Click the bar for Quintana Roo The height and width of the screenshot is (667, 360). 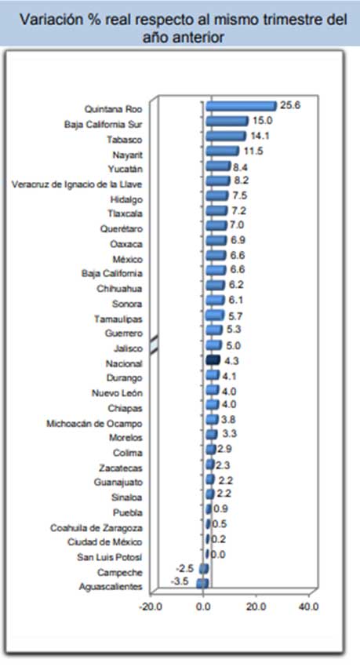click(x=241, y=107)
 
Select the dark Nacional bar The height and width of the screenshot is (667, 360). click(x=213, y=360)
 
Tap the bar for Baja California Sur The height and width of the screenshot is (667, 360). click(x=227, y=121)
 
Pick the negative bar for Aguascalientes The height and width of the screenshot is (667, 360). click(x=202, y=583)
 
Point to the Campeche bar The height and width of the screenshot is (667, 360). click(x=204, y=568)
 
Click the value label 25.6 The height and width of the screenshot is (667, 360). click(x=290, y=105)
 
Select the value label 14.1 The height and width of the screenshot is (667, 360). click(x=260, y=136)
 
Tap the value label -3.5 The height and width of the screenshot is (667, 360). click(x=180, y=581)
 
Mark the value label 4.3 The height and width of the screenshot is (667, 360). click(x=231, y=361)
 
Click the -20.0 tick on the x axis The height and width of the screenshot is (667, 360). click(x=151, y=607)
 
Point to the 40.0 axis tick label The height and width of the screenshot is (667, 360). click(x=308, y=607)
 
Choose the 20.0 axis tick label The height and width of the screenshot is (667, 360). click(x=256, y=607)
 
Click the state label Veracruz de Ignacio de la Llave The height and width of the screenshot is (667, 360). click(x=77, y=184)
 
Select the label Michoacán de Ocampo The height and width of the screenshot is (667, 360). click(x=94, y=424)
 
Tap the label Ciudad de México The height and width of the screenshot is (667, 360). click(x=105, y=542)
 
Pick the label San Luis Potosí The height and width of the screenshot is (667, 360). click(x=110, y=557)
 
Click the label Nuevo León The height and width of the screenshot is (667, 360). click(x=118, y=393)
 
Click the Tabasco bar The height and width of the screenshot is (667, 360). click(x=226, y=136)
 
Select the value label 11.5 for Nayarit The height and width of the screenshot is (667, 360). click(x=253, y=151)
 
